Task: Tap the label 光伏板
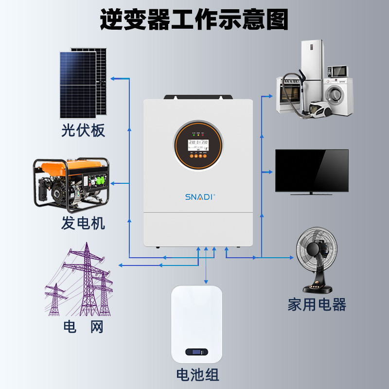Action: point(83,131)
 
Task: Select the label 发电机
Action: point(83,223)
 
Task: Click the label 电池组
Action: point(197,375)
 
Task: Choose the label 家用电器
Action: point(317,305)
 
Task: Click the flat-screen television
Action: point(312,171)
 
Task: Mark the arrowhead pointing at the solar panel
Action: point(113,78)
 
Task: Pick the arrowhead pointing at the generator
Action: point(113,183)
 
